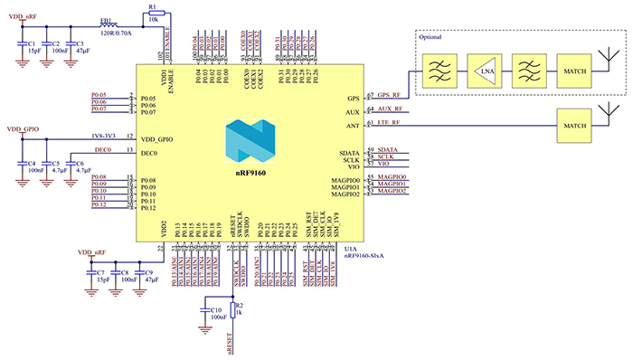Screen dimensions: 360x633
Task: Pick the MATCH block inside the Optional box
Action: click(574, 70)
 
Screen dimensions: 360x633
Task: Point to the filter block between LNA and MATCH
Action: click(530, 70)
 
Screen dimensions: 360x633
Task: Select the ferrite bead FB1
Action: click(108, 25)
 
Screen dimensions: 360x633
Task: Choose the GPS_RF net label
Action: click(390, 95)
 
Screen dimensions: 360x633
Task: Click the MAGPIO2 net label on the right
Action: click(392, 193)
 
